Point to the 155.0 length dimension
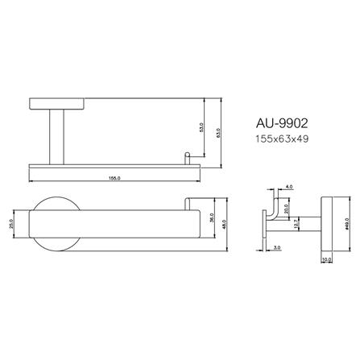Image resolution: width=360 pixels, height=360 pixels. (x=115, y=177)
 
